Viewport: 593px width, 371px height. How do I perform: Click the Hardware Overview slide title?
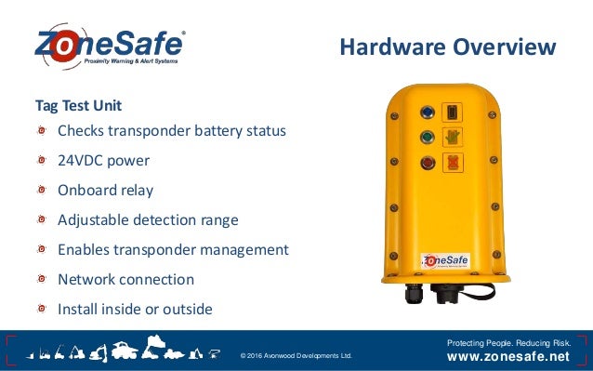pyautogui.click(x=447, y=46)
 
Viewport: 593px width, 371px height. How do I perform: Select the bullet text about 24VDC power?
pyautogui.click(x=103, y=160)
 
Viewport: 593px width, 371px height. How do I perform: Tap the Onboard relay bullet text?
pyautogui.click(x=105, y=190)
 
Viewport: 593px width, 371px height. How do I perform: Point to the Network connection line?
pyautogui.click(x=125, y=279)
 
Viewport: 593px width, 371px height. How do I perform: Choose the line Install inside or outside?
pyautogui.click(x=135, y=309)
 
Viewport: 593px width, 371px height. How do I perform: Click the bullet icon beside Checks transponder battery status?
pyautogui.click(x=43, y=130)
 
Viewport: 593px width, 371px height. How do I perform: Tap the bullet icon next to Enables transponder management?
pyautogui.click(x=43, y=249)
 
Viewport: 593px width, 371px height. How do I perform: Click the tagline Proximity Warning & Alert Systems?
pyautogui.click(x=130, y=60)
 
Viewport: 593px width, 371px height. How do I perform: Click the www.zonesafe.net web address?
pyautogui.click(x=508, y=356)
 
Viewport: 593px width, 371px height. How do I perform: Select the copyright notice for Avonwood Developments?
pyautogui.click(x=296, y=355)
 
